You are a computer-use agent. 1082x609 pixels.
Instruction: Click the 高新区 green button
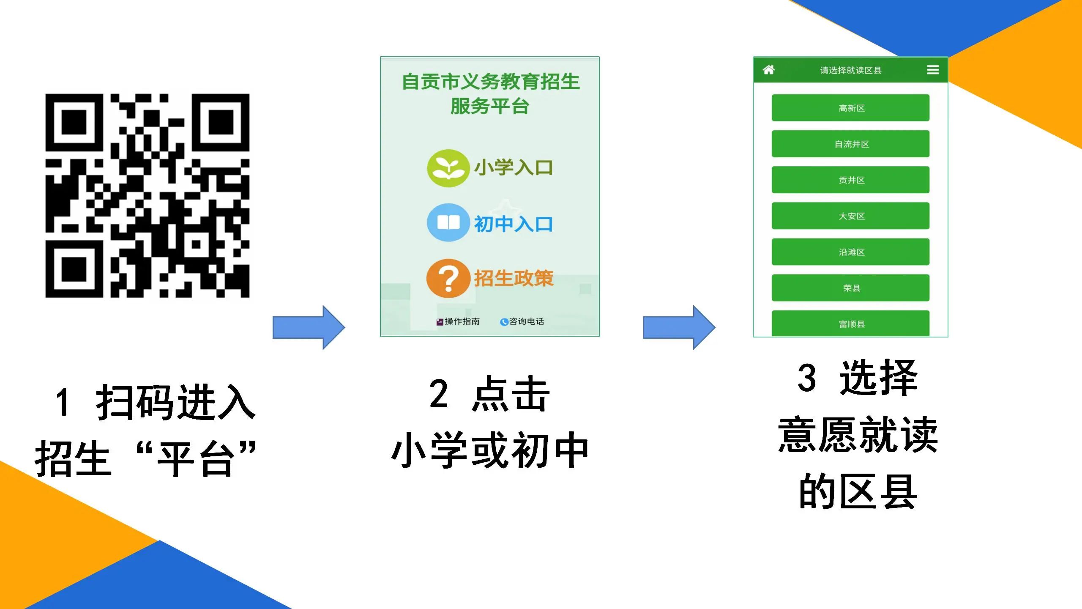tap(850, 108)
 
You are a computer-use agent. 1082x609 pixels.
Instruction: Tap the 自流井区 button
tap(850, 144)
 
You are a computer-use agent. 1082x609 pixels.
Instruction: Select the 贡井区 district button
tap(850, 180)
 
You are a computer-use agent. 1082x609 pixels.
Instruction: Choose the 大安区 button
tap(850, 216)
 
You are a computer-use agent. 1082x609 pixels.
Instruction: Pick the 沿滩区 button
tap(850, 252)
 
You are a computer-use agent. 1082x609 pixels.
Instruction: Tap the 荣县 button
tap(850, 288)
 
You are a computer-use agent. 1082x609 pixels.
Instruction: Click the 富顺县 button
tap(850, 324)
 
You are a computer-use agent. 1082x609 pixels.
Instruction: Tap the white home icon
tap(769, 70)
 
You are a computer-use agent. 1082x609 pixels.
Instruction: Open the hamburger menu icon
tap(933, 70)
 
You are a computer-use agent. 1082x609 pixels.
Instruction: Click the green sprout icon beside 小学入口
tap(448, 168)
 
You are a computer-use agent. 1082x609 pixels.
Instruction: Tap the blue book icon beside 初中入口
tap(448, 222)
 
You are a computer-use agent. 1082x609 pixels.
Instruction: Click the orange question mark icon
tap(448, 278)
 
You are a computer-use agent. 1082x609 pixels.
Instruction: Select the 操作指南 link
tap(458, 321)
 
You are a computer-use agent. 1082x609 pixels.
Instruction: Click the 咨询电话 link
tap(522, 321)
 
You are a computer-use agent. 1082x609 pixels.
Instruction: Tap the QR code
tap(148, 196)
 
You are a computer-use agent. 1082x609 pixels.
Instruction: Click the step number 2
tap(439, 394)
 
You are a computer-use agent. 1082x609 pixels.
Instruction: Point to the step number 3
tap(807, 377)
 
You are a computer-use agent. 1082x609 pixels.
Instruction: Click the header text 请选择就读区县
tap(850, 70)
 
